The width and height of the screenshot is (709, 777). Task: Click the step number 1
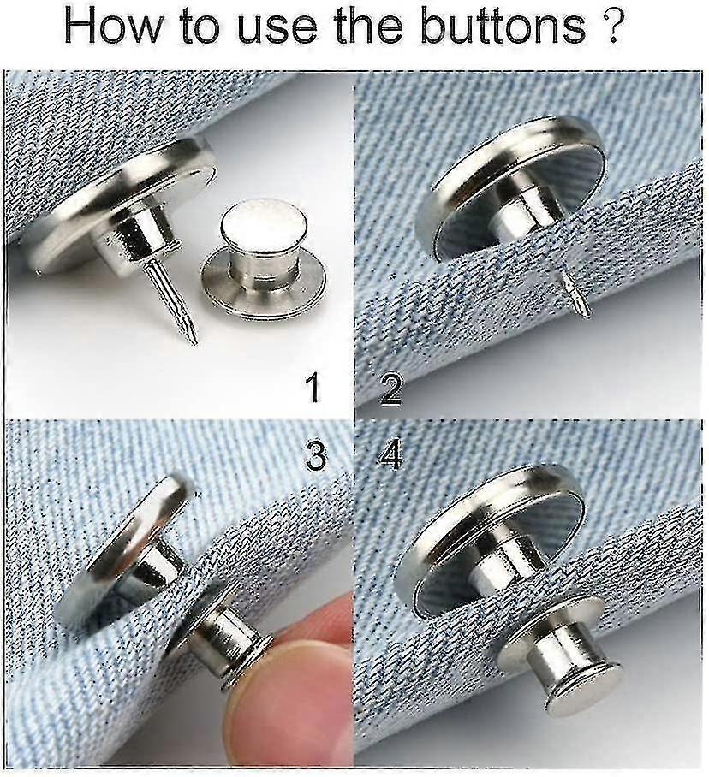[313, 388]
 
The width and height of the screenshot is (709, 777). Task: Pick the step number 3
[316, 456]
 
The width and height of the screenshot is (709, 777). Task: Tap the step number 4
[390, 456]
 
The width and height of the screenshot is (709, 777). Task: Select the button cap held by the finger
[218, 638]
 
